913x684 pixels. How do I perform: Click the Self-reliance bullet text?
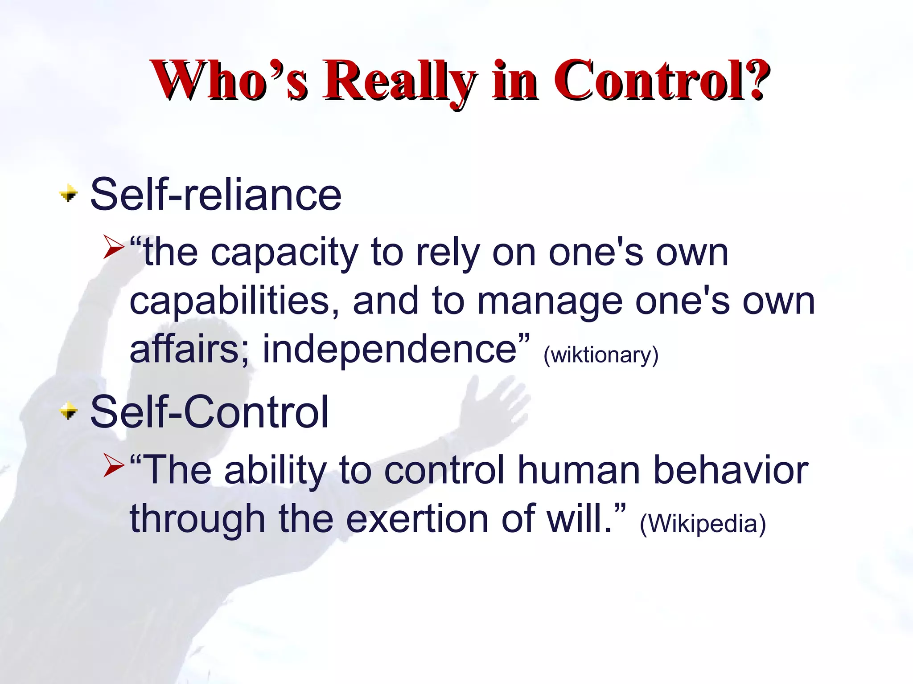pyautogui.click(x=216, y=195)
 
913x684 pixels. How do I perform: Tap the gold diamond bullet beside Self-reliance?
pyautogui.click(x=69, y=194)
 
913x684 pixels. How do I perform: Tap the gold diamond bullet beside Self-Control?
pyautogui.click(x=69, y=411)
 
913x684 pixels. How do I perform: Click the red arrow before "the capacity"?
pyautogui.click(x=114, y=248)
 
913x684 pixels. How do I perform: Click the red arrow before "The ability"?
pyautogui.click(x=114, y=465)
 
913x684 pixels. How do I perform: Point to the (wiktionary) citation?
pyautogui.click(x=601, y=355)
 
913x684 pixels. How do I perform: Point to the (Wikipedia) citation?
pyautogui.click(x=703, y=523)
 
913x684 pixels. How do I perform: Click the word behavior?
pyautogui.click(x=731, y=470)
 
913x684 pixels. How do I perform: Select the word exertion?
pyautogui.click(x=417, y=519)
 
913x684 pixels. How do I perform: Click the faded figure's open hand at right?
pyautogui.click(x=490, y=405)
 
